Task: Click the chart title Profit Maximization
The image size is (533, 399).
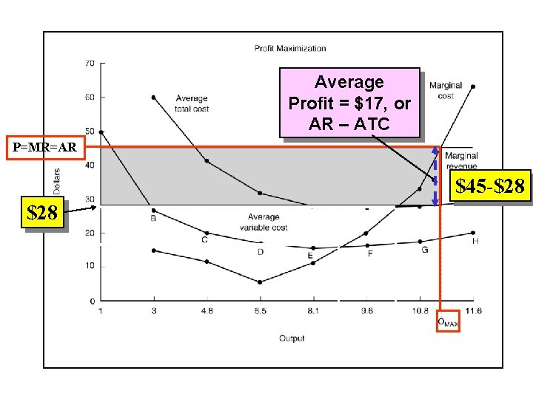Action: tap(290, 49)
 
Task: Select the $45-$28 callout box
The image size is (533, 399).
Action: tap(490, 188)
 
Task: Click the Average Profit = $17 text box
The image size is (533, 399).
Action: tap(349, 103)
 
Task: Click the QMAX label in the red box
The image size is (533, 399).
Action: tap(448, 321)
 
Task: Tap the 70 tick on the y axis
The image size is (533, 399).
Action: tap(89, 64)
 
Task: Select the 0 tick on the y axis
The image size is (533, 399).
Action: tap(91, 301)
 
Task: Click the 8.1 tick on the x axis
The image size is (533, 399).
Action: tap(313, 311)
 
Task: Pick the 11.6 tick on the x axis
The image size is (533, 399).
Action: tap(473, 311)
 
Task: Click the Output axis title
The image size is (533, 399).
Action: tap(292, 338)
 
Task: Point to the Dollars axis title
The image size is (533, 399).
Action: tap(58, 180)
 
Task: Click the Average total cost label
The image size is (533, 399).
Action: tap(192, 103)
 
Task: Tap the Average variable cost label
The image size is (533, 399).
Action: tap(264, 222)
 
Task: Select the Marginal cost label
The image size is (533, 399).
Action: tap(446, 90)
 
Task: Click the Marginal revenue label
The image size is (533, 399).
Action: tap(461, 161)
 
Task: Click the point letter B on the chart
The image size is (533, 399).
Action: tap(153, 219)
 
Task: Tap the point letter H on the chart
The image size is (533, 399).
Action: tap(475, 242)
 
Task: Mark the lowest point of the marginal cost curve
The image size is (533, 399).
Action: tap(260, 282)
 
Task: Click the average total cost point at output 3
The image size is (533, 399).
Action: tap(153, 98)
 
